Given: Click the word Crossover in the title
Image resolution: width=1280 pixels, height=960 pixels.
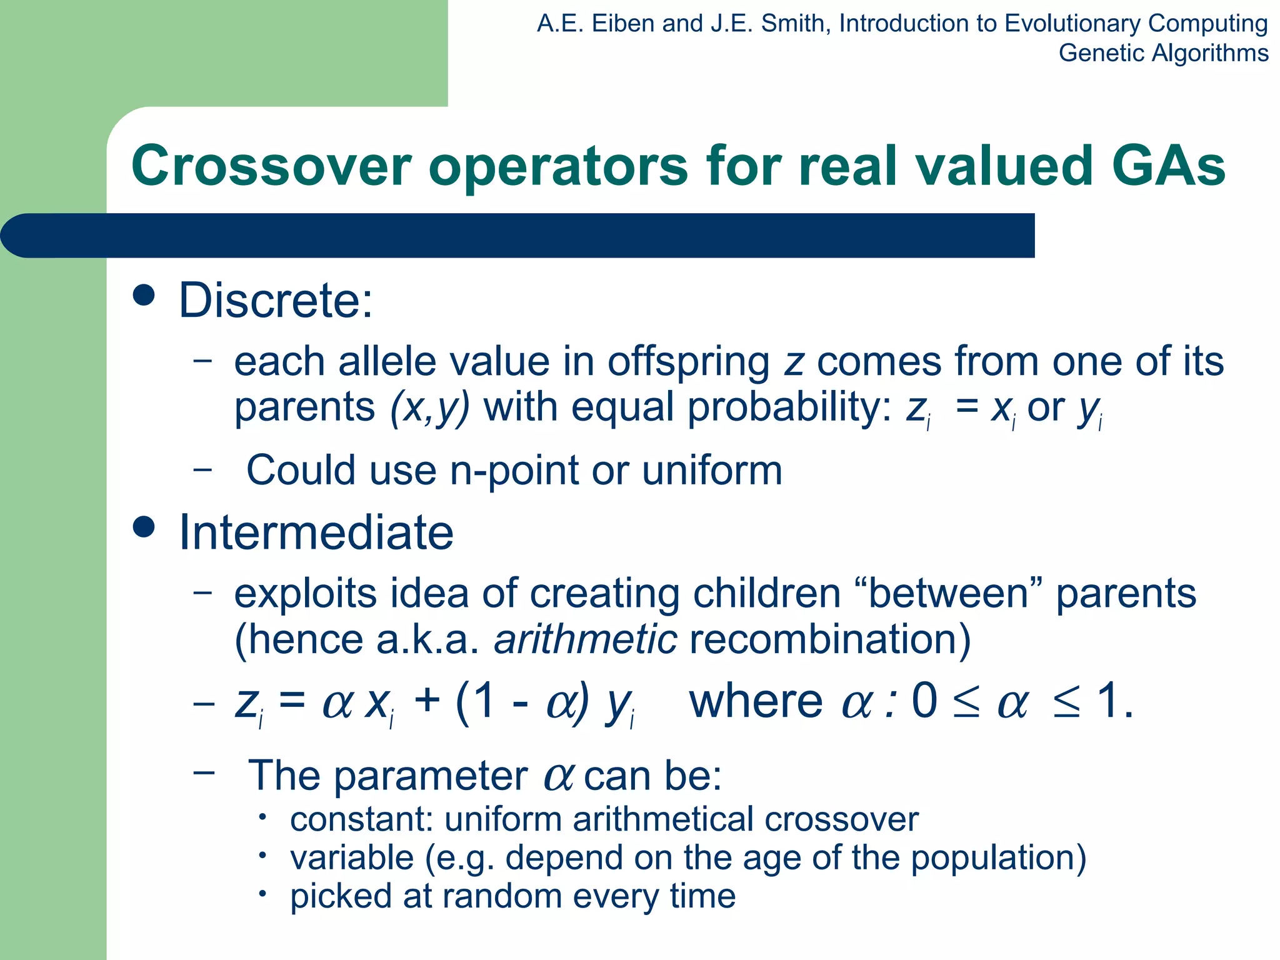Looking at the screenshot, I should coord(271,166).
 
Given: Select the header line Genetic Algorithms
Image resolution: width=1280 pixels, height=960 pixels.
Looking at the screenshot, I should coord(1163,53).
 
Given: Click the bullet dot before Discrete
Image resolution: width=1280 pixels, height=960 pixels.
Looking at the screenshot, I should coord(144,295).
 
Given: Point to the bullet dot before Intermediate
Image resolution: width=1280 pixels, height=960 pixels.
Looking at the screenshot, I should coord(144,527).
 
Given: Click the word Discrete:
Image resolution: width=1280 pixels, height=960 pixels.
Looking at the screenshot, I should coord(276,301).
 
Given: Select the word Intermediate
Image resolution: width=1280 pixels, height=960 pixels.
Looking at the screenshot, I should coord(316,532).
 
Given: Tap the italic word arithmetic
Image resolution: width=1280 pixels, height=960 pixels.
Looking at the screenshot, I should coord(585,639).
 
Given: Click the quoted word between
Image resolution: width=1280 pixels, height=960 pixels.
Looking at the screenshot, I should coord(947,593).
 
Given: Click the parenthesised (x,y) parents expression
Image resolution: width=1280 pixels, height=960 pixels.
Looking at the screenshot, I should coord(429,407).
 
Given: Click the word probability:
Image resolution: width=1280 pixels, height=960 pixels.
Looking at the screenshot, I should coord(789,407).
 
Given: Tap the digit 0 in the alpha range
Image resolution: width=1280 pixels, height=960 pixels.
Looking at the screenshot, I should coord(924,700).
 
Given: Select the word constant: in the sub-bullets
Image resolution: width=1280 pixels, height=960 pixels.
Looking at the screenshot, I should coord(361,819).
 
